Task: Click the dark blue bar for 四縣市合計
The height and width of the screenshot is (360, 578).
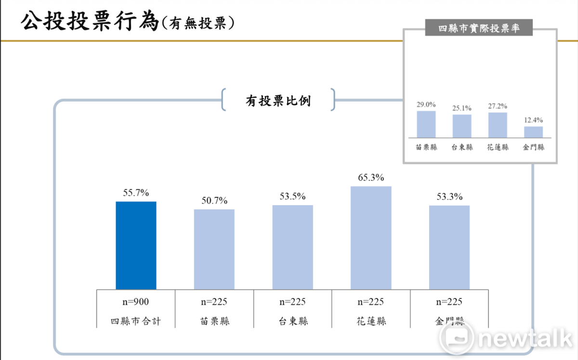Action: (136, 245)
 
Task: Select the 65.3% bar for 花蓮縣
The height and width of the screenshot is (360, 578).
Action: (371, 238)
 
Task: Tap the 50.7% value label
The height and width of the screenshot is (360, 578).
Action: (214, 201)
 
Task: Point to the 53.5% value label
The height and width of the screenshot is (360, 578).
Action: (292, 196)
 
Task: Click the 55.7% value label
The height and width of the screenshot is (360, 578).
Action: (136, 193)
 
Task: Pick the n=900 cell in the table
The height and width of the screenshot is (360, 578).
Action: (136, 302)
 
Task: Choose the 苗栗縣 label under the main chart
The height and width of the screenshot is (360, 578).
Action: (214, 321)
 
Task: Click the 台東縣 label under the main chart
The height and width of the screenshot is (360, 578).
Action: (292, 321)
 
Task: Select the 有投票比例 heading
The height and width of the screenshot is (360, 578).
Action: (278, 101)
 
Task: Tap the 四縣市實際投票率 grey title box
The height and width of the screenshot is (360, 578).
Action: (479, 28)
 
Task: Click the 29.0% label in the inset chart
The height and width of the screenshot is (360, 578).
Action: (426, 104)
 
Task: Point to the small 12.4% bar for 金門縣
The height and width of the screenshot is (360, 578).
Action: (533, 132)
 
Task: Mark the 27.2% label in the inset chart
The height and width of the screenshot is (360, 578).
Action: (498, 106)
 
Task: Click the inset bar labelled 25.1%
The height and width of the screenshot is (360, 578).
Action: (462, 126)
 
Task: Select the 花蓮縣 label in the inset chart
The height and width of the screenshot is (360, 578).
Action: (498, 147)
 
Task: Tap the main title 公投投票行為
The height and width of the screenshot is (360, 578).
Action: (89, 22)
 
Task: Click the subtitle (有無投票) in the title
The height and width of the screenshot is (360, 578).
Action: (197, 23)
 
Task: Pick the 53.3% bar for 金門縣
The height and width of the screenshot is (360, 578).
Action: (449, 247)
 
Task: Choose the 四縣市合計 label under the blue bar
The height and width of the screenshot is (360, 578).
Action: (136, 321)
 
